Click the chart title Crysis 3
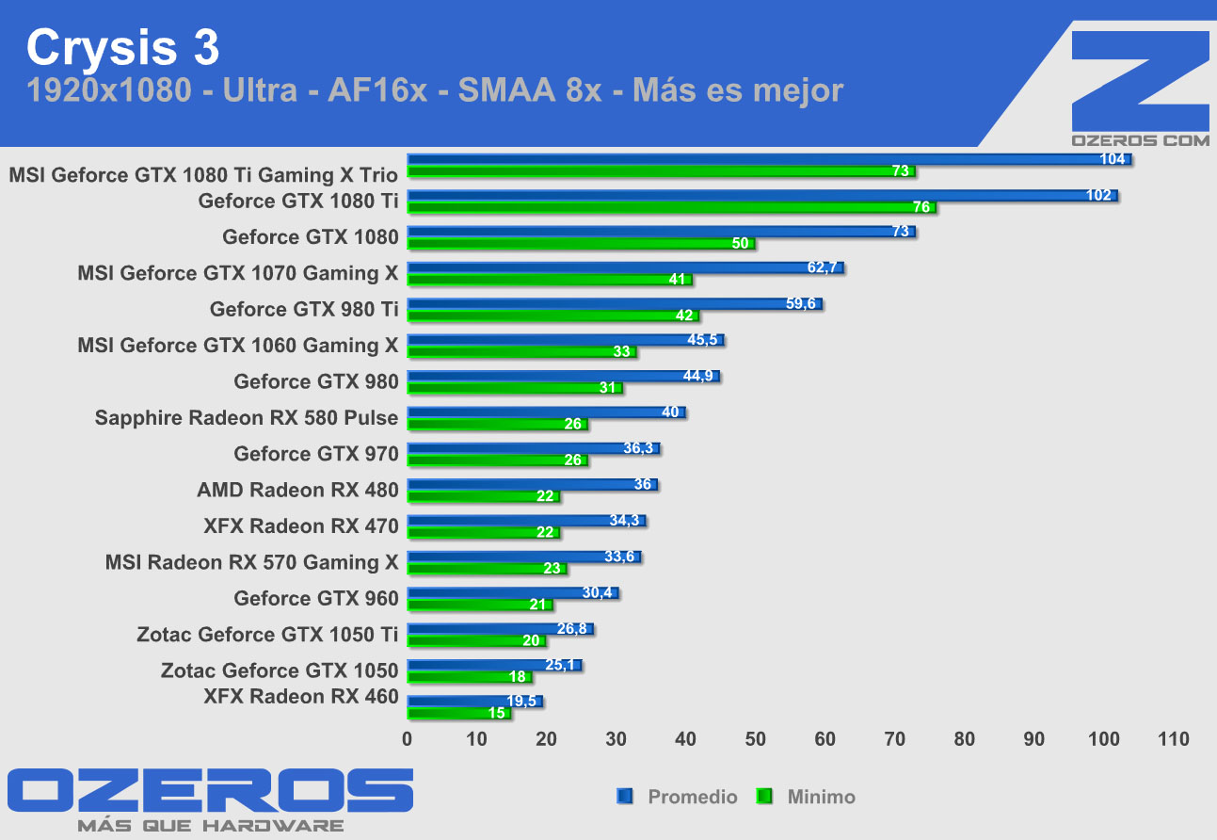[123, 46]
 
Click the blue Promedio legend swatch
[624, 797]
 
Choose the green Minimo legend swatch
[764, 797]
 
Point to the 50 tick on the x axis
[756, 739]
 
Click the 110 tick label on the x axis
[1173, 739]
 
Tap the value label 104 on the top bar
[1113, 159]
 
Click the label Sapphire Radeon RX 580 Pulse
[247, 417]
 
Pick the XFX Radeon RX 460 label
[301, 697]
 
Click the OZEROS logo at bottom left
[210, 792]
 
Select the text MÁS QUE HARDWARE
[210, 826]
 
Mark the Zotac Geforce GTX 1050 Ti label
[267, 634]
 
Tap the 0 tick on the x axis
[408, 739]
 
